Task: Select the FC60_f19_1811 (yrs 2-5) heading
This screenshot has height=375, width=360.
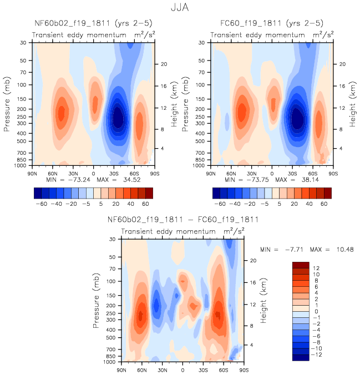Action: [271, 23]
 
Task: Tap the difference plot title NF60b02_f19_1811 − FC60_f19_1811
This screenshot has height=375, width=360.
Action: [182, 220]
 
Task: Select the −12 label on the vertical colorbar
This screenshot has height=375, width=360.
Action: [316, 353]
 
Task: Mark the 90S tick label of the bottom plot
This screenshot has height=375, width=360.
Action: [243, 369]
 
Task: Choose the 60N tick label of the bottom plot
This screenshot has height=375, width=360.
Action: [142, 369]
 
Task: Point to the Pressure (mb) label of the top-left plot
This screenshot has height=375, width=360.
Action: [7, 103]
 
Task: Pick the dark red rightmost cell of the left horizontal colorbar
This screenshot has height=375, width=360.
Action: [149, 192]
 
